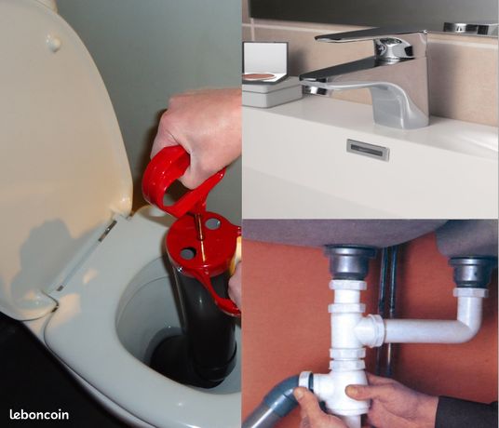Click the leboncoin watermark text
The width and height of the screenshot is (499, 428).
pos(39,414)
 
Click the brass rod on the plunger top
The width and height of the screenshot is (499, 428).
pos(200,228)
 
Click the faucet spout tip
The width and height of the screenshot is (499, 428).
pos(315,88)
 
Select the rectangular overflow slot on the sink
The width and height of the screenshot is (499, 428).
pos(368,149)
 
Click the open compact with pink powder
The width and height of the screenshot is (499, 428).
pos(265,62)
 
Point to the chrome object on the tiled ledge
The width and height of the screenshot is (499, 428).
pos(471,28)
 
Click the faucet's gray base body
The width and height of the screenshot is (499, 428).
pos(401,101)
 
